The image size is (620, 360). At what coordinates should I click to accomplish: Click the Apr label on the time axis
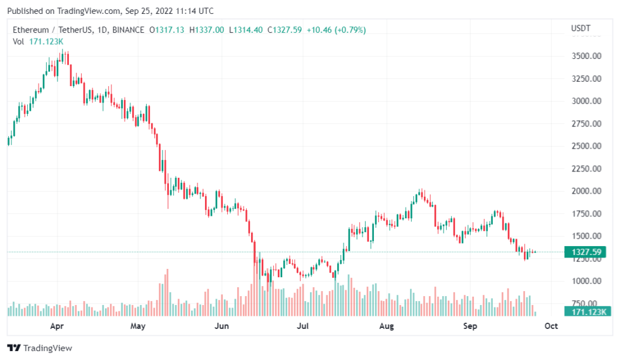[57, 326]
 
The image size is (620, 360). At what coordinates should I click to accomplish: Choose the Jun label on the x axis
[221, 326]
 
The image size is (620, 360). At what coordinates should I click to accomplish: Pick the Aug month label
[387, 326]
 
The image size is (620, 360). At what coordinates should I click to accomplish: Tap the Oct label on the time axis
[551, 326]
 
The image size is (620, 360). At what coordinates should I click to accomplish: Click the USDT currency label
[580, 28]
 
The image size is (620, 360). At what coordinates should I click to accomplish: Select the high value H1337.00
[209, 30]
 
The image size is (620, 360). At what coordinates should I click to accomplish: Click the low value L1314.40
[245, 30]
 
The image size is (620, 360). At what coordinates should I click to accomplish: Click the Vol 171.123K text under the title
[37, 41]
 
